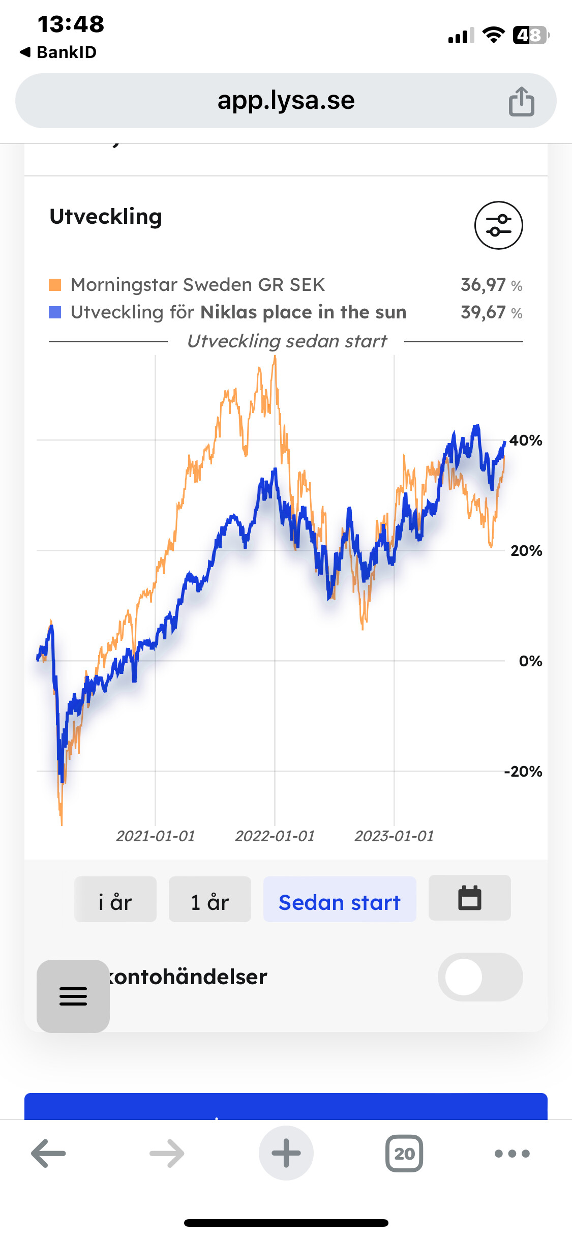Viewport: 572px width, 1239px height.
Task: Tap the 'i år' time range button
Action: pyautogui.click(x=115, y=899)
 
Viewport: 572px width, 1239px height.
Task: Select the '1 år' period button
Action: pyautogui.click(x=209, y=899)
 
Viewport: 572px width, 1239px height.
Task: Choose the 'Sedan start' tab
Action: pyautogui.click(x=339, y=899)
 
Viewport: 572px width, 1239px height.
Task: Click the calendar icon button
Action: pyautogui.click(x=469, y=898)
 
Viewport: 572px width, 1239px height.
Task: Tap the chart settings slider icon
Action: pyautogui.click(x=498, y=225)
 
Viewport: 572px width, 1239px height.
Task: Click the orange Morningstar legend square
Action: pyautogui.click(x=55, y=285)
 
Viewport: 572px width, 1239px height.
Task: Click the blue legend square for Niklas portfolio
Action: pyautogui.click(x=55, y=312)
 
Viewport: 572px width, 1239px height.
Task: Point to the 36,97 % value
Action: pyautogui.click(x=491, y=285)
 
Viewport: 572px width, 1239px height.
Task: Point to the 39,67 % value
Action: pyautogui.click(x=491, y=312)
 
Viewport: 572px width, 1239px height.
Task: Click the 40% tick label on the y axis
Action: pyautogui.click(x=526, y=440)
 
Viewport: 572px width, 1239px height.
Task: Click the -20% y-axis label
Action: pyautogui.click(x=523, y=772)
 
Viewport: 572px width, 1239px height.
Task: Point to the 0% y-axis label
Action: pyautogui.click(x=530, y=661)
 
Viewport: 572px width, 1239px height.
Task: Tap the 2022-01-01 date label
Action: pyautogui.click(x=275, y=836)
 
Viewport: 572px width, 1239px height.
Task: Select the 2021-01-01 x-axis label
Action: pyautogui.click(x=156, y=836)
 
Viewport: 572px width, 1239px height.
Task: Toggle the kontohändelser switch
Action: pyautogui.click(x=480, y=977)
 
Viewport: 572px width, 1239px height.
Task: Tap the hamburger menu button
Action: pyautogui.click(x=73, y=996)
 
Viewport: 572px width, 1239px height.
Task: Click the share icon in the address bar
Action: pyautogui.click(x=521, y=101)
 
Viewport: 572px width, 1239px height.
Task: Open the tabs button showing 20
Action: pyautogui.click(x=404, y=1154)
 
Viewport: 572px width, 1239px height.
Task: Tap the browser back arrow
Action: pyautogui.click(x=49, y=1154)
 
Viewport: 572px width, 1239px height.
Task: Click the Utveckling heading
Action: pyautogui.click(x=106, y=217)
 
